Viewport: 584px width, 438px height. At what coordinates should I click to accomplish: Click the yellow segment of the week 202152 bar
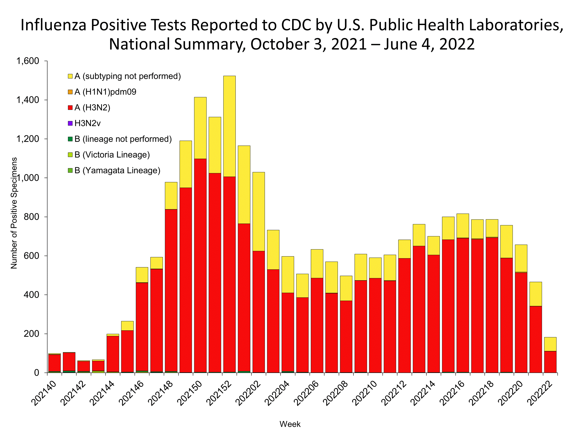229,126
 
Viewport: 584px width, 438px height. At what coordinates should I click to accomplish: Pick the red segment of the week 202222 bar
550,362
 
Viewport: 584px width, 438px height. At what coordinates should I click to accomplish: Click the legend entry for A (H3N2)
92,108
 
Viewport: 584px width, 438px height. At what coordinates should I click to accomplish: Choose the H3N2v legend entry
87,123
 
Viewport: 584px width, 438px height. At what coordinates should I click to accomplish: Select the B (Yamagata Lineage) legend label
117,171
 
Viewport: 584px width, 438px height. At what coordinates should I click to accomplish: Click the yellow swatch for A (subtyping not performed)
70,76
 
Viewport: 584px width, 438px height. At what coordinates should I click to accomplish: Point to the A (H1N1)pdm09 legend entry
105,92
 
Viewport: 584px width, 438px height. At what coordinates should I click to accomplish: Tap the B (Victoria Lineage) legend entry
112,155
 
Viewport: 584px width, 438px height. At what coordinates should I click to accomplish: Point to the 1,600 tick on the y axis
28,61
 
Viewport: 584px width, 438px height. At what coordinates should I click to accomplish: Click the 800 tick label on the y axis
31,217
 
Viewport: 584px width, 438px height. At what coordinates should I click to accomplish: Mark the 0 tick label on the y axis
36,373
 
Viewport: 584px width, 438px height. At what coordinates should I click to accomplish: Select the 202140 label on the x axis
44,393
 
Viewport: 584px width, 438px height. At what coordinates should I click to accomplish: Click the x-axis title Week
290,424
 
